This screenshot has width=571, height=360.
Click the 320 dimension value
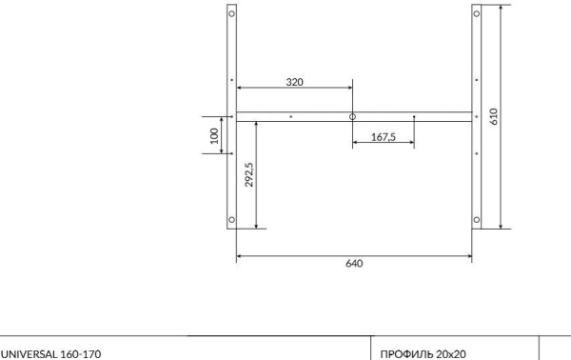click(295, 83)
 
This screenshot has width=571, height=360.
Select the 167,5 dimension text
click(383, 137)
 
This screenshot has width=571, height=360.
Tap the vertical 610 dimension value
click(493, 116)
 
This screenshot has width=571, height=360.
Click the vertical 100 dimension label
click(215, 134)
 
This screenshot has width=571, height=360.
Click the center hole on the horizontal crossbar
click(352, 116)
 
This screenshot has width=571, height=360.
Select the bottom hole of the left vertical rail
click(232, 220)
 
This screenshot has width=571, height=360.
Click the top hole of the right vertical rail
click(476, 15)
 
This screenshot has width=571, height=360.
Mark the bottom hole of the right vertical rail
click(476, 220)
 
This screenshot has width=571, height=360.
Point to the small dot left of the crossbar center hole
click(291, 117)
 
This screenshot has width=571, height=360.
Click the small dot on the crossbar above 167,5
click(414, 117)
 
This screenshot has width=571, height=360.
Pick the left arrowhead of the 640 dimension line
click(239, 255)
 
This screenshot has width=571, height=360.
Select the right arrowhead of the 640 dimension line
click(470, 255)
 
